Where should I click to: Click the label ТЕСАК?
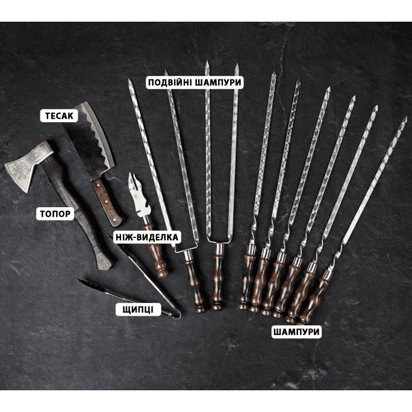[59, 116]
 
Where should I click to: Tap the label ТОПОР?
[55, 214]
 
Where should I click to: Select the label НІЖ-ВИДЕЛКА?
[147, 237]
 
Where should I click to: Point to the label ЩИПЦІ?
[138, 310]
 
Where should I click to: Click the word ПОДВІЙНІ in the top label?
[170, 83]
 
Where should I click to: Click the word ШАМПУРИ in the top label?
[219, 83]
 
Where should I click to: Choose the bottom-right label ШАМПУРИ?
[296, 332]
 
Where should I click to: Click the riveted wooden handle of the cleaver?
[107, 202]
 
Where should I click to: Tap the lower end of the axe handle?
[104, 264]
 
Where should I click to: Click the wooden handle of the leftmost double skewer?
[195, 284]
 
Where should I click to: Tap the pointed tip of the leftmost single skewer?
[274, 73]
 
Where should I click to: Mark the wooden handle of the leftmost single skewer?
[246, 281]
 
